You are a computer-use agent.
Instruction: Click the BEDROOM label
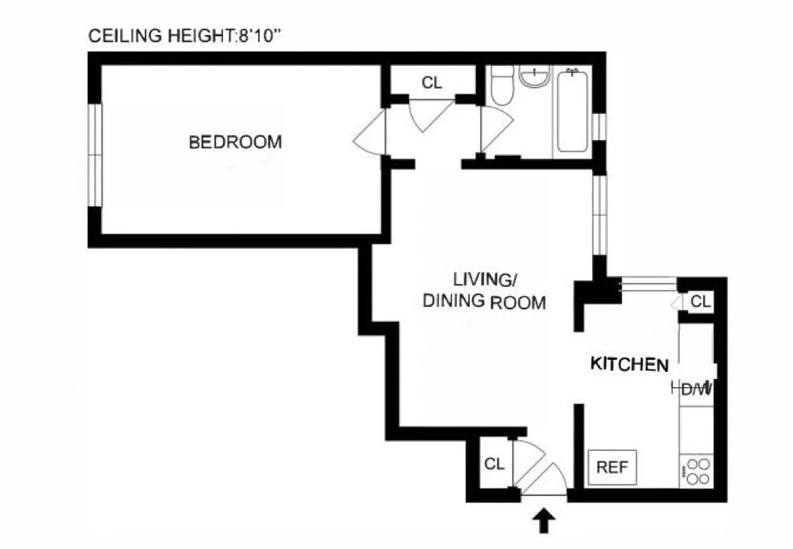click(x=235, y=142)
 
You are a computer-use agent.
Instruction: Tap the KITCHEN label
click(x=629, y=364)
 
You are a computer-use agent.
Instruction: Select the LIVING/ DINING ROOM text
click(x=484, y=291)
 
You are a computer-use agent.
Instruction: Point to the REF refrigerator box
click(x=612, y=467)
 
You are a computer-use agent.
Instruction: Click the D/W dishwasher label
click(x=694, y=390)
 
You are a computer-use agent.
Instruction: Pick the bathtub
click(x=572, y=110)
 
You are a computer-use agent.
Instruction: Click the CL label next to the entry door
click(x=494, y=464)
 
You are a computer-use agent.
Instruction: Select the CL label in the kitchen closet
click(x=699, y=301)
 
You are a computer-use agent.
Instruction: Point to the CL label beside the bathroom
click(x=432, y=83)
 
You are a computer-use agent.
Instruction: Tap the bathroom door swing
click(x=495, y=130)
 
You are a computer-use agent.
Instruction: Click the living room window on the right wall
click(x=600, y=215)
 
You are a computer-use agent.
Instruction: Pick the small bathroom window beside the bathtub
click(x=599, y=126)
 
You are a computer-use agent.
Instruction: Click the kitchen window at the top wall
click(x=648, y=283)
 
